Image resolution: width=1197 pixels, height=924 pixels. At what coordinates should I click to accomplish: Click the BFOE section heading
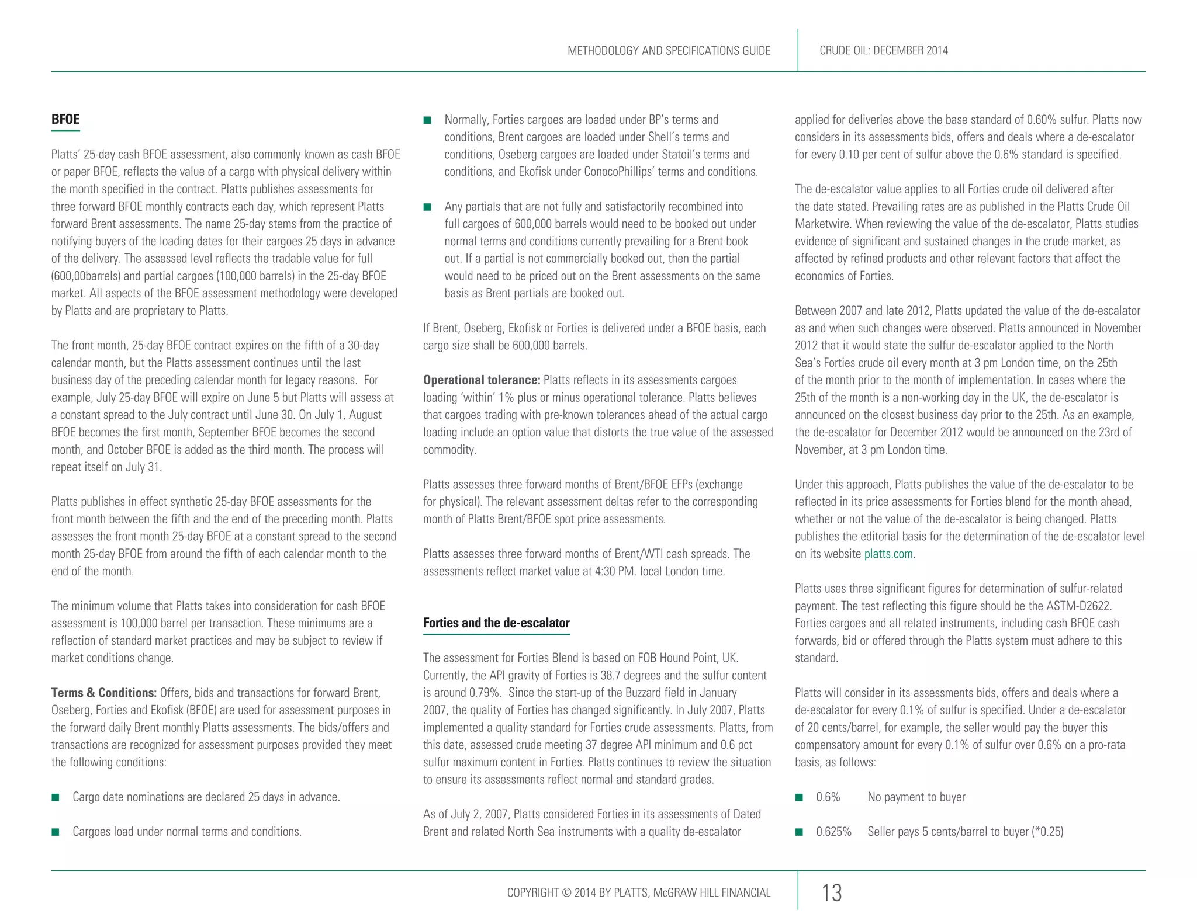pos(65,119)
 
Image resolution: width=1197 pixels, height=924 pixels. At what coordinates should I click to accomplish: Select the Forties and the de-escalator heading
pos(496,623)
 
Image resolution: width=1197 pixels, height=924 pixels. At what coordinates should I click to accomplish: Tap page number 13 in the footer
pos(831,893)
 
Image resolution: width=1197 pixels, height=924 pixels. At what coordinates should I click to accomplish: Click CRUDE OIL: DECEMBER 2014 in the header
pos(883,51)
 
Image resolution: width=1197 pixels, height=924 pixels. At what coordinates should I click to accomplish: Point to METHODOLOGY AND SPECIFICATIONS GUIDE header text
pos(669,51)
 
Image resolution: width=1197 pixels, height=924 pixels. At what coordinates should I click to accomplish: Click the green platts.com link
pos(888,554)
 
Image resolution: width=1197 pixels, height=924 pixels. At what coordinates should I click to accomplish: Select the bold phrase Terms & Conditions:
pos(103,693)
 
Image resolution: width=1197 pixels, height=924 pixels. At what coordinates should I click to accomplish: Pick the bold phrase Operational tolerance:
pos(482,380)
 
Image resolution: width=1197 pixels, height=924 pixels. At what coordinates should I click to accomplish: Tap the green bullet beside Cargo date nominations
pos(56,797)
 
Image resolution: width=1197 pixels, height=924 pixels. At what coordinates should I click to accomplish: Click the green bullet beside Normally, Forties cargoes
pos(427,120)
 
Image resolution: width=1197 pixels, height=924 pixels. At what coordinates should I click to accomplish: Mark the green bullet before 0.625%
pos(799,832)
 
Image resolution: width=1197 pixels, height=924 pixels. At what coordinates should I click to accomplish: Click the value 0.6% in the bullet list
pos(828,797)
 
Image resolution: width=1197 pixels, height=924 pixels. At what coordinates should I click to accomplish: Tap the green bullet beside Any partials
pos(427,207)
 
